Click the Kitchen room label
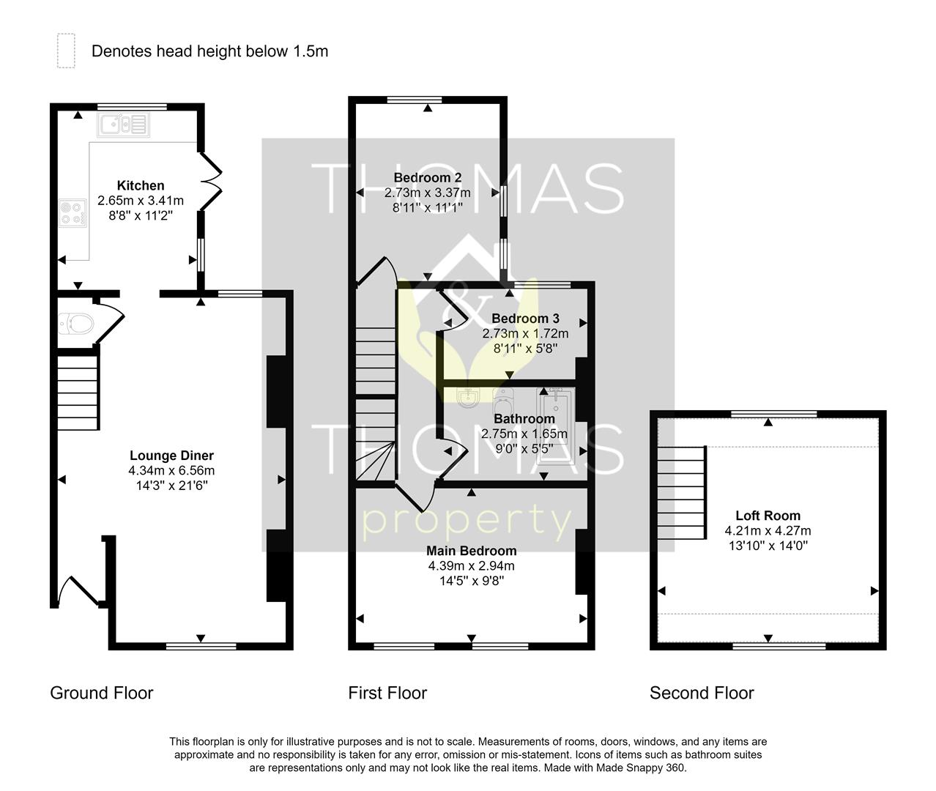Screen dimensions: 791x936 tap(141, 185)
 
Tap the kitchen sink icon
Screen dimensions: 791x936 tap(122, 125)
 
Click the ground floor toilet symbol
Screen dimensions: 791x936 tap(75, 323)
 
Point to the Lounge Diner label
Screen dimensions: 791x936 tap(171, 456)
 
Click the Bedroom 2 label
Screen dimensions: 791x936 tap(427, 177)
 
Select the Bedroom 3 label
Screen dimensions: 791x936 tap(525, 319)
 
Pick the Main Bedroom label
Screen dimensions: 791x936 tap(472, 551)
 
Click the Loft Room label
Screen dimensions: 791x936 tap(768, 516)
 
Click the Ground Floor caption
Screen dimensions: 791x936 tap(102, 693)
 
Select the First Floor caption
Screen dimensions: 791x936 tap(387, 693)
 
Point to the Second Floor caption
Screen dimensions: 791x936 tap(702, 693)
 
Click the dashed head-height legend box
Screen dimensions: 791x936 tap(66, 51)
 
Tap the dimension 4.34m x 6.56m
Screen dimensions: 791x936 tap(171, 470)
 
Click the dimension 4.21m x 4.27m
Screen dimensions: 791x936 tap(768, 531)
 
